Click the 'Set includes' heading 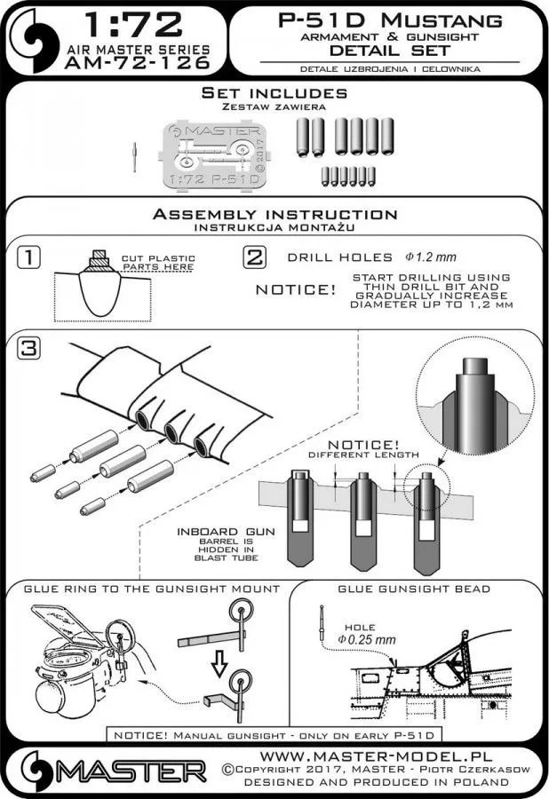click(x=274, y=92)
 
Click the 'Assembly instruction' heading click(x=274, y=215)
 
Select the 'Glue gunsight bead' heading click(x=413, y=589)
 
